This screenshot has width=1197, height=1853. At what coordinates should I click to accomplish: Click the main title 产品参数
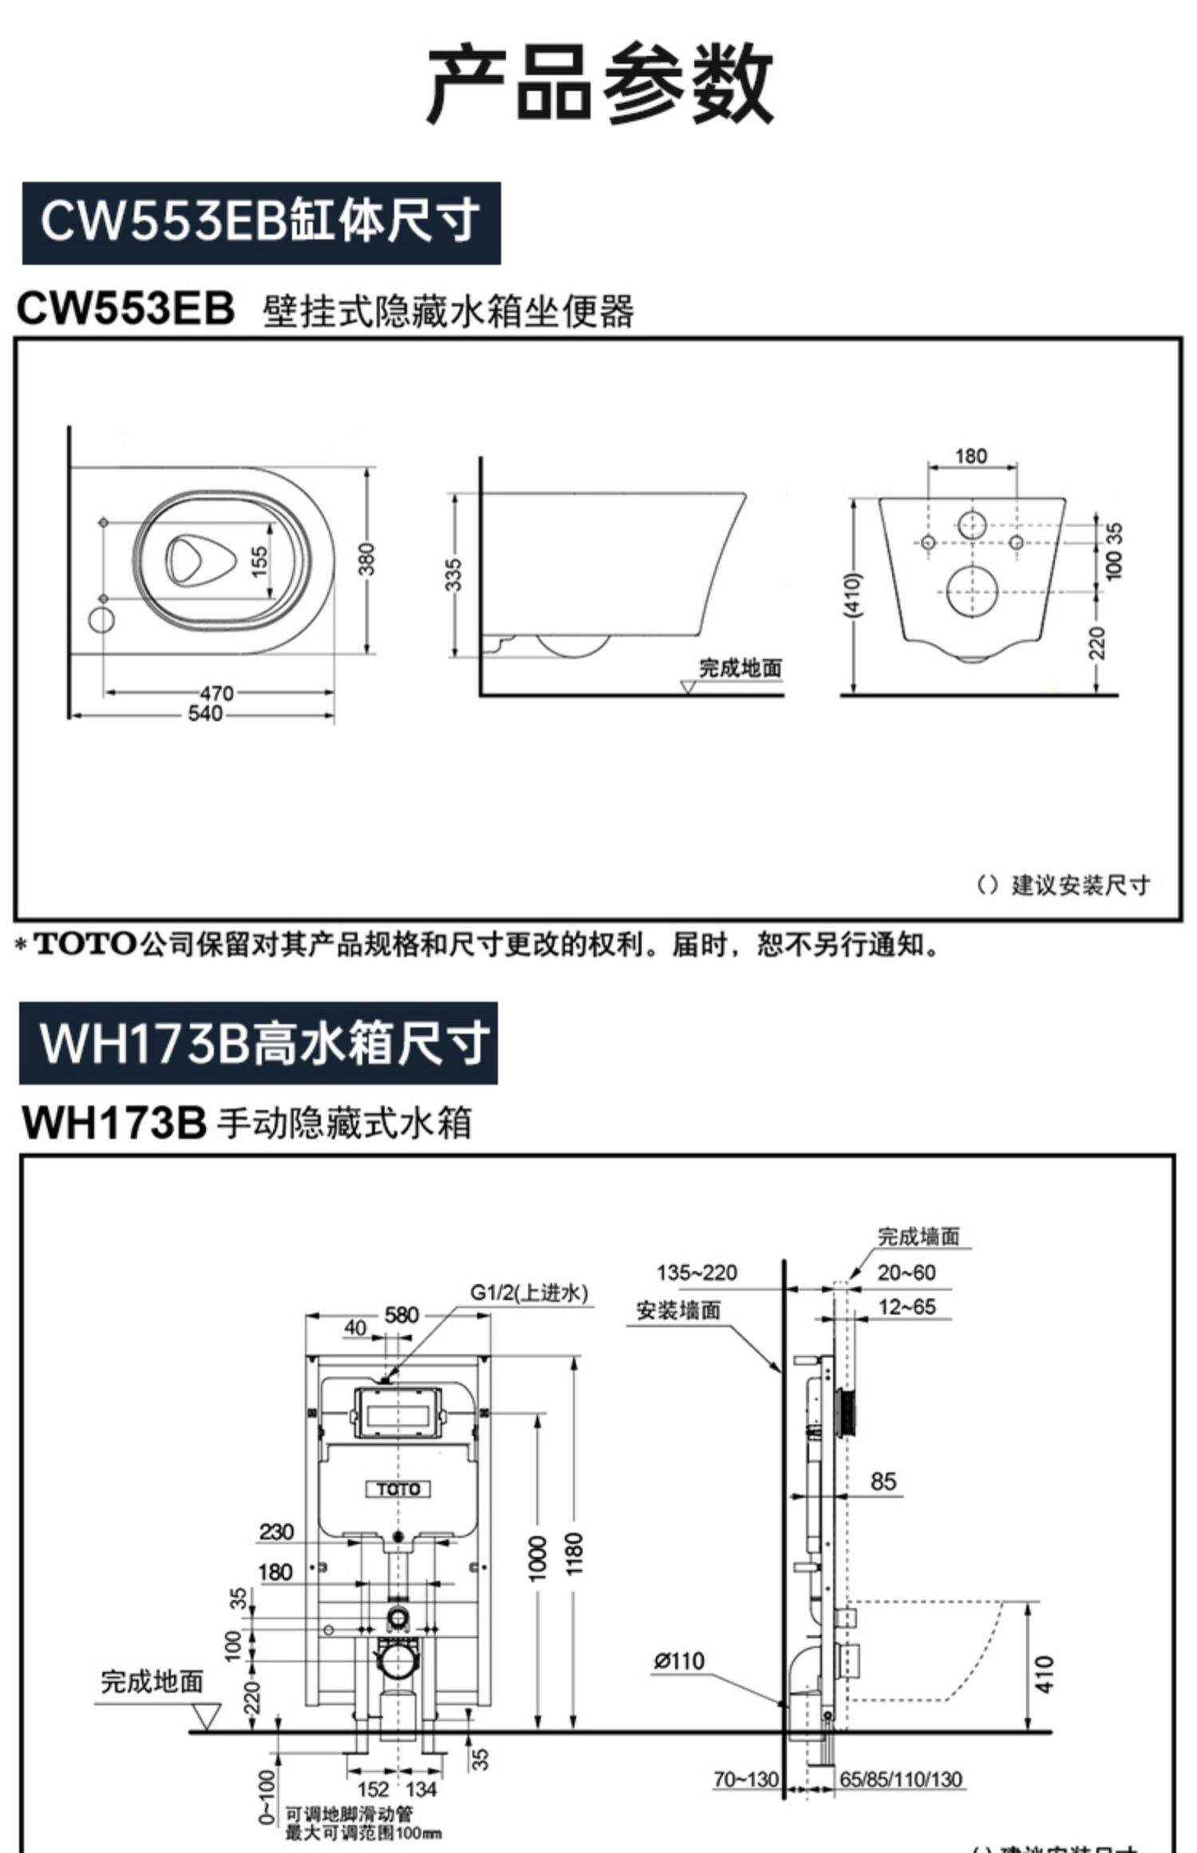point(599,83)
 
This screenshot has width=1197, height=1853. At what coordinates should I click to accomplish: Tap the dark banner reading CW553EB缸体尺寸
point(261,223)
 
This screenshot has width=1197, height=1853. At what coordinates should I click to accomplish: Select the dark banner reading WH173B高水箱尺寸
point(258,1044)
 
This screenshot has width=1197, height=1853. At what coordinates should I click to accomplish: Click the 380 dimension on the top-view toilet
point(366,559)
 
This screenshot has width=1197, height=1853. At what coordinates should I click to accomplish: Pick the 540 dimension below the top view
point(205,713)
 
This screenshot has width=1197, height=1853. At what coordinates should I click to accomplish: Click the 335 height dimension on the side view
point(453,575)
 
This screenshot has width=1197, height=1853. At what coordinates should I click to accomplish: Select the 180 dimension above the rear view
point(970,456)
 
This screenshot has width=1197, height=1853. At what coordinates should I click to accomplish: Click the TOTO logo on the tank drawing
point(398,1488)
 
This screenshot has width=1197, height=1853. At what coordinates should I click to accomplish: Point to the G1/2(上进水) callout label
point(528,1292)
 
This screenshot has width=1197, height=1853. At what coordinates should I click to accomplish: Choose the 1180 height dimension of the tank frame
point(574,1552)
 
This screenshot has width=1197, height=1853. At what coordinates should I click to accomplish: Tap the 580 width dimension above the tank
point(401,1314)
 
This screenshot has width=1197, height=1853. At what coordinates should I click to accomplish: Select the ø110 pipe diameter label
point(679,1661)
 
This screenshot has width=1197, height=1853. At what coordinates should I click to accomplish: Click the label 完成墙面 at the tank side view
point(918,1237)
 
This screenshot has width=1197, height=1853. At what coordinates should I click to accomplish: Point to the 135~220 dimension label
point(697,1273)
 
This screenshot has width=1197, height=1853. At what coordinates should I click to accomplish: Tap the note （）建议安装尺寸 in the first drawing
point(1064,885)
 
